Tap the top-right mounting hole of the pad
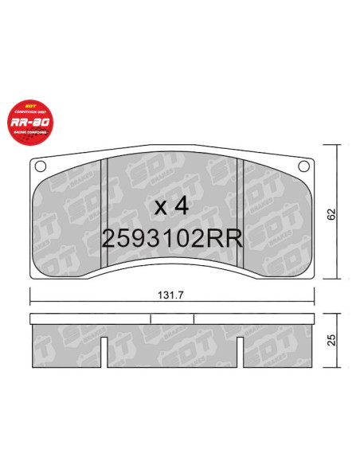click(302, 166)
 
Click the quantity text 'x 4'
click(170, 207)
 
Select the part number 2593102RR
click(172, 239)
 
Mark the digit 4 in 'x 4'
click(181, 207)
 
